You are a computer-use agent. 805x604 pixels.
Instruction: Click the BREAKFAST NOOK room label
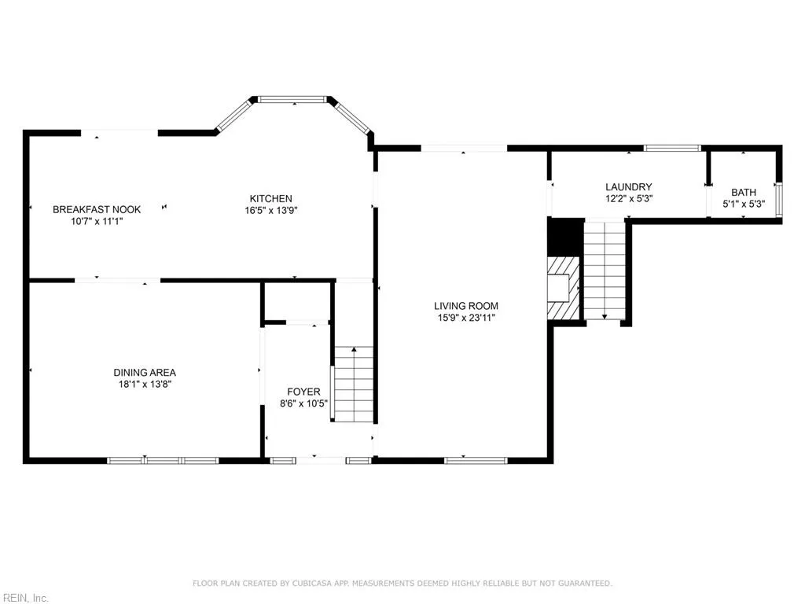click(x=97, y=209)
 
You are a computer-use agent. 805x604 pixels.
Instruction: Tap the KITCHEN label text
click(x=271, y=198)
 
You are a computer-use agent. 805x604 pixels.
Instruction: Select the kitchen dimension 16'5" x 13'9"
click(x=271, y=210)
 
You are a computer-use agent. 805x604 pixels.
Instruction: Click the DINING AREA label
click(x=145, y=373)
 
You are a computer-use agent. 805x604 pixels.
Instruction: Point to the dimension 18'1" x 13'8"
click(x=145, y=385)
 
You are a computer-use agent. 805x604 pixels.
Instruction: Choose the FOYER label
click(x=303, y=392)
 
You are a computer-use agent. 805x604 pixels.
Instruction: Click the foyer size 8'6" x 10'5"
click(x=303, y=403)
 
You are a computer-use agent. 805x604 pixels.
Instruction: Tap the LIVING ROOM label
click(x=466, y=306)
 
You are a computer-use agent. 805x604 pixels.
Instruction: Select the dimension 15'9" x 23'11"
click(x=466, y=318)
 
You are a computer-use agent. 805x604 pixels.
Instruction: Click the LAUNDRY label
click(x=628, y=187)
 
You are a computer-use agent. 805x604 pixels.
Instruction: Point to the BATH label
click(x=743, y=192)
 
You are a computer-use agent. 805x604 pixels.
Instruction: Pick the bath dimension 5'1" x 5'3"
click(x=743, y=204)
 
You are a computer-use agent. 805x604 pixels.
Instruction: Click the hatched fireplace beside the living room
click(x=564, y=288)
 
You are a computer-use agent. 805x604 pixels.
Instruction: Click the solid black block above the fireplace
click(x=564, y=236)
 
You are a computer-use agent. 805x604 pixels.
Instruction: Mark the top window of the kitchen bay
click(x=292, y=100)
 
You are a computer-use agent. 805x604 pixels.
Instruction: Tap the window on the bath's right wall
click(x=778, y=199)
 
